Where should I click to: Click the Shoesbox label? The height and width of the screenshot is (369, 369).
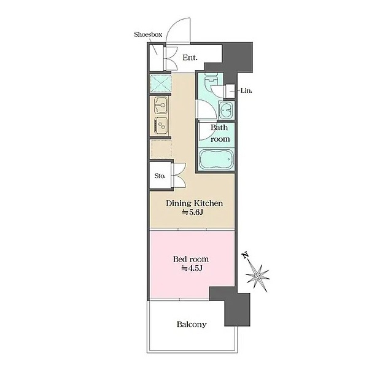[148, 34]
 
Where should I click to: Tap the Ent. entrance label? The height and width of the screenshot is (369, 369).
[190, 58]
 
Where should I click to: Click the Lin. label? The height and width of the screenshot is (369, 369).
[246, 90]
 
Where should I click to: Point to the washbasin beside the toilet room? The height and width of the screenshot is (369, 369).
[227, 110]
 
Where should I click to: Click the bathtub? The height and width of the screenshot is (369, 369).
[216, 159]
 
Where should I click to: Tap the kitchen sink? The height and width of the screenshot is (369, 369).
[161, 105]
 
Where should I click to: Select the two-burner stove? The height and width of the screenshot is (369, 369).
[161, 125]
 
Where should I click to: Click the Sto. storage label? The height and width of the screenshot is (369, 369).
[160, 176]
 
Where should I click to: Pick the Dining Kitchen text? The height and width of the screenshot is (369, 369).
[195, 203]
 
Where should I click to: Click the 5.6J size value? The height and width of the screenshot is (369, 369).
[193, 212]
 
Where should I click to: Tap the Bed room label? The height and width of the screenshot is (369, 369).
[191, 259]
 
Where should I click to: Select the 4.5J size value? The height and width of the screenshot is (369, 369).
[192, 268]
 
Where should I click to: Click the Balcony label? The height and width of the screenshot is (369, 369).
[192, 325]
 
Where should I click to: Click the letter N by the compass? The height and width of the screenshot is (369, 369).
[246, 255]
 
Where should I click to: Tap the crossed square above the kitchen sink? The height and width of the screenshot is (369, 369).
[160, 84]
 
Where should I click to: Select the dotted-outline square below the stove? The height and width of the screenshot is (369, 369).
[161, 149]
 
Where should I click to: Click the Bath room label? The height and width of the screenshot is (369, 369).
[220, 133]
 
